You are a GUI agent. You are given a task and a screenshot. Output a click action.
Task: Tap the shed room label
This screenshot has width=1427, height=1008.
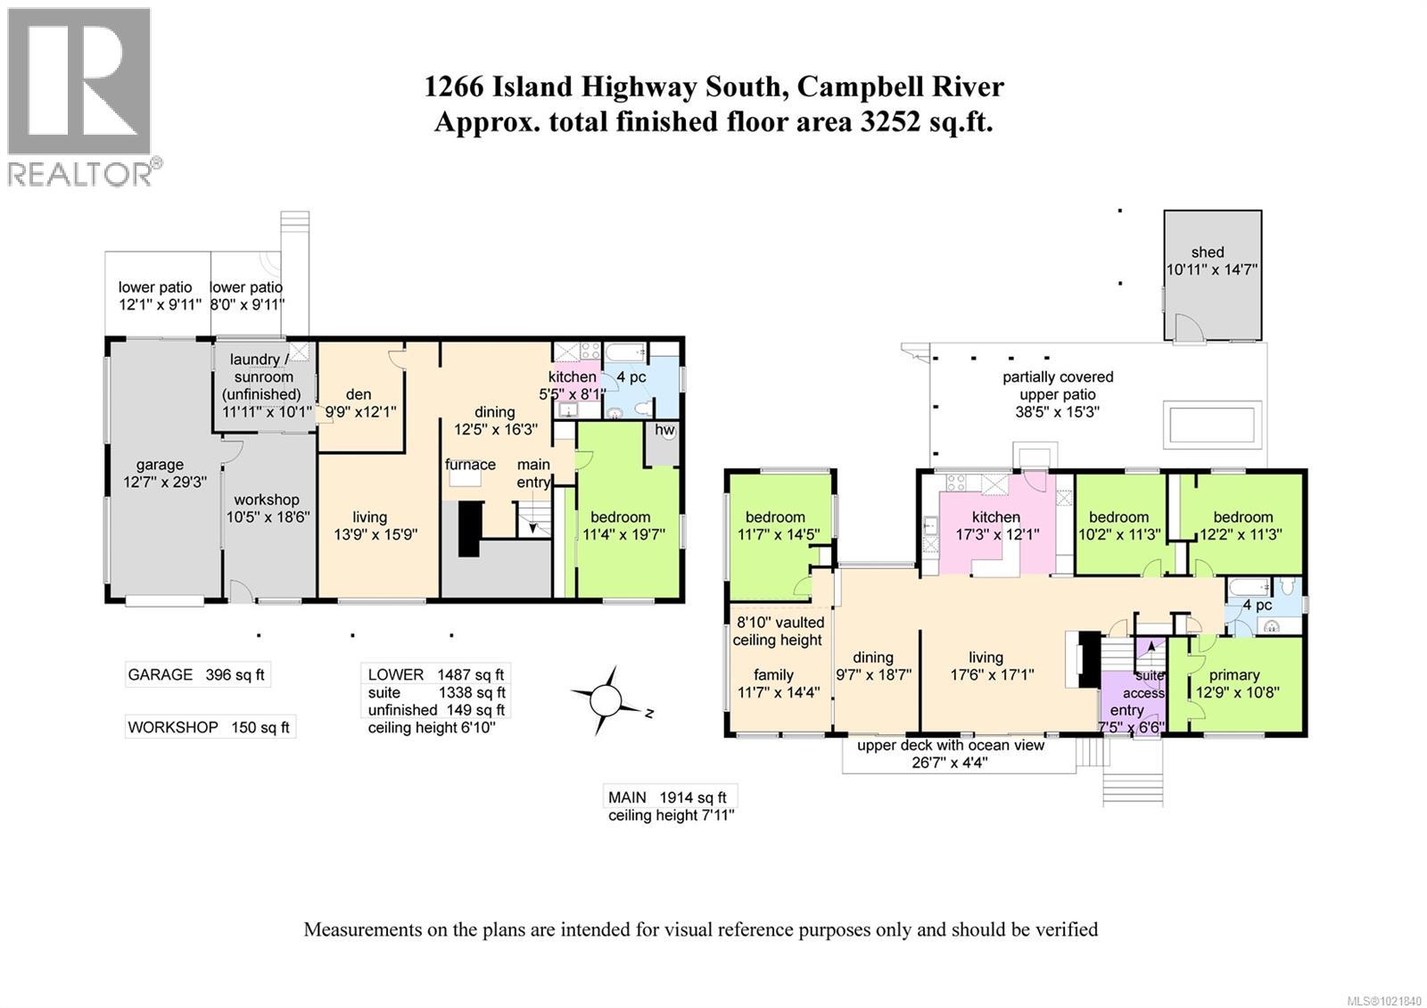click(1208, 252)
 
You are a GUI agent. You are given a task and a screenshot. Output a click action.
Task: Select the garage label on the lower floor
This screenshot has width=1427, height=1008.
click(160, 465)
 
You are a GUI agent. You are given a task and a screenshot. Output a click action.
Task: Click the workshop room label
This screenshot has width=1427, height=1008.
click(267, 500)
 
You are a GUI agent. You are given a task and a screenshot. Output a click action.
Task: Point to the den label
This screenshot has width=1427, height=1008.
click(359, 394)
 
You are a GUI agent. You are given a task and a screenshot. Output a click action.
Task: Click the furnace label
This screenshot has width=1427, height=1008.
click(470, 465)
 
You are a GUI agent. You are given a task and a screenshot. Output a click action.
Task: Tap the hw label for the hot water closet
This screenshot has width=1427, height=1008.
click(664, 429)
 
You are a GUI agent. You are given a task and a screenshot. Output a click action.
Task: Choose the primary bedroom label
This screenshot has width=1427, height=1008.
click(1234, 674)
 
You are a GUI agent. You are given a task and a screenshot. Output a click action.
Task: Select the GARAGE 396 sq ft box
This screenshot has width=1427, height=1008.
click(197, 674)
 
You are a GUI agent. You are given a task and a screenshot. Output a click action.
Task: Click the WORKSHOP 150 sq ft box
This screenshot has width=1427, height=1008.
click(210, 727)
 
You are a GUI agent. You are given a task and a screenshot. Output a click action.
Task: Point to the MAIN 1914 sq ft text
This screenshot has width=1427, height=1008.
click(667, 797)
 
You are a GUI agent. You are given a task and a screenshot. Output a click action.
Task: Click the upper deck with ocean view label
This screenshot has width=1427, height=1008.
click(951, 745)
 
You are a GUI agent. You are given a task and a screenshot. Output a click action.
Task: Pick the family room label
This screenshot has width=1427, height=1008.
click(773, 674)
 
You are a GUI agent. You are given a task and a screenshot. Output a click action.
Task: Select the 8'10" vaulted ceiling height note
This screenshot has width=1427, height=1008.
click(779, 631)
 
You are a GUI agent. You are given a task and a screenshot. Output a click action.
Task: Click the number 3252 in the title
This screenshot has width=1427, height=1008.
click(890, 121)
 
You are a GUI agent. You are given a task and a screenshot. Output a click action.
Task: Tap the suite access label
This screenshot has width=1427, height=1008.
click(1144, 683)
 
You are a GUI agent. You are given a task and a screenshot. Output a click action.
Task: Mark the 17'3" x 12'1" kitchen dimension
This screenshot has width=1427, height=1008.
click(998, 534)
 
